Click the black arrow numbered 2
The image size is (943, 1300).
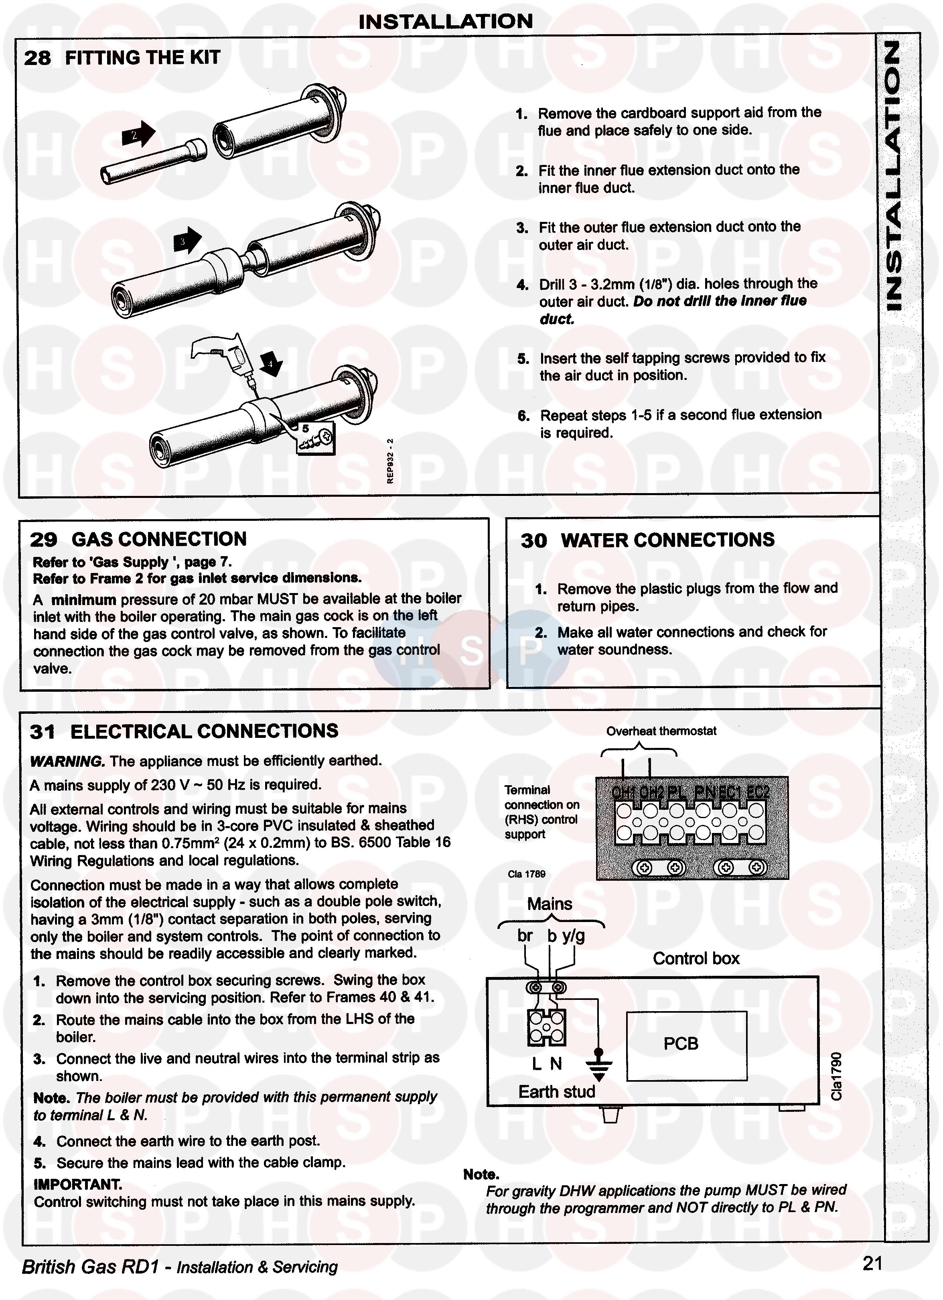[138, 135]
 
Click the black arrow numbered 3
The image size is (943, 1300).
[187, 241]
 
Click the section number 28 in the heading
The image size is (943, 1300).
[37, 58]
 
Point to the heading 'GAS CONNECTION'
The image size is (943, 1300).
[159, 539]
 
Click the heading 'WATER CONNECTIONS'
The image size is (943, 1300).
[667, 540]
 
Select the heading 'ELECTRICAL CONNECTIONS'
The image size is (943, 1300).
[204, 731]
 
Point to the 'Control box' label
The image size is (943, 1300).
[696, 959]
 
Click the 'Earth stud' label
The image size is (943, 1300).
[556, 1092]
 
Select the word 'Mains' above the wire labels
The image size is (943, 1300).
[550, 904]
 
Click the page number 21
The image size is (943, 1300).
[872, 1263]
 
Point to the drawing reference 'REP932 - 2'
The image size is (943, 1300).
[390, 461]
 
